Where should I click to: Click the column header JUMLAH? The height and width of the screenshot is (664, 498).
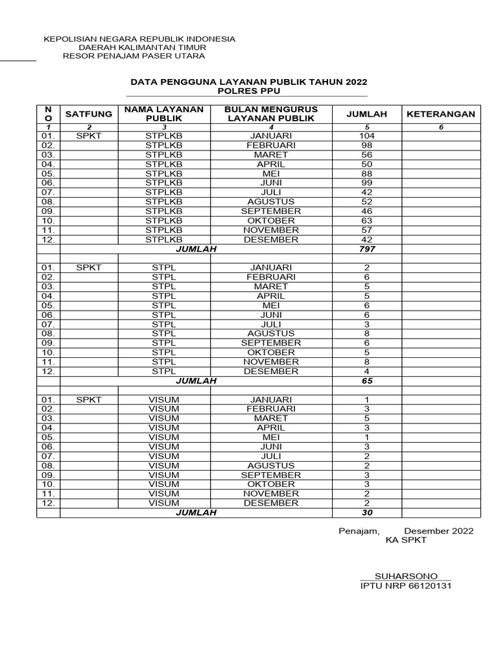pyautogui.click(x=366, y=114)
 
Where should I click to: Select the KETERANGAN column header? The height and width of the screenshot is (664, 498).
pyautogui.click(x=440, y=114)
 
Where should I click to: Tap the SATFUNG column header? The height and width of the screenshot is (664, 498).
pyautogui.click(x=89, y=114)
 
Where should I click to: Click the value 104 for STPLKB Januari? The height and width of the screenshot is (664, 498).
pyautogui.click(x=366, y=136)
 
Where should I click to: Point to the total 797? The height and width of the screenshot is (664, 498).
pyautogui.click(x=366, y=249)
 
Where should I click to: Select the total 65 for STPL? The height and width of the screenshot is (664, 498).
pyautogui.click(x=366, y=381)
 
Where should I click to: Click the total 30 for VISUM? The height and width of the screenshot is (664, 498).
pyautogui.click(x=366, y=512)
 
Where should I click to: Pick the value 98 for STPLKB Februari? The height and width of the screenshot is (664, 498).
pyautogui.click(x=366, y=146)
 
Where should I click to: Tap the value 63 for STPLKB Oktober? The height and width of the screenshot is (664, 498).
pyautogui.click(x=366, y=221)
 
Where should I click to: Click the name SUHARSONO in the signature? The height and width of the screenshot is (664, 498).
pyautogui.click(x=406, y=576)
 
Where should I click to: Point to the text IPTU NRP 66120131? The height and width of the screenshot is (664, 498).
pyautogui.click(x=406, y=586)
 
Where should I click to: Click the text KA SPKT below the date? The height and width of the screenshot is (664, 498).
pyautogui.click(x=406, y=540)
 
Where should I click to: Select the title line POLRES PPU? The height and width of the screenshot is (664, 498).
pyautogui.click(x=248, y=91)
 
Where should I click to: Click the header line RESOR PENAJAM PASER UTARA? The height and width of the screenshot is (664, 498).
pyautogui.click(x=134, y=56)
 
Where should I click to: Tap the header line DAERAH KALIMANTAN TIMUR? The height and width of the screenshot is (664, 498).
pyautogui.click(x=142, y=48)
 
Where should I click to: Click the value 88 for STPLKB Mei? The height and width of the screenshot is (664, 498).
pyautogui.click(x=366, y=174)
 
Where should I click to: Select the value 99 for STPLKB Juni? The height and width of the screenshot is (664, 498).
pyautogui.click(x=366, y=184)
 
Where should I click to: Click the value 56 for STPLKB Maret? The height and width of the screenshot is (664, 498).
pyautogui.click(x=366, y=155)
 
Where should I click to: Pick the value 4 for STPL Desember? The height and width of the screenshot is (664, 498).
pyautogui.click(x=366, y=372)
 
